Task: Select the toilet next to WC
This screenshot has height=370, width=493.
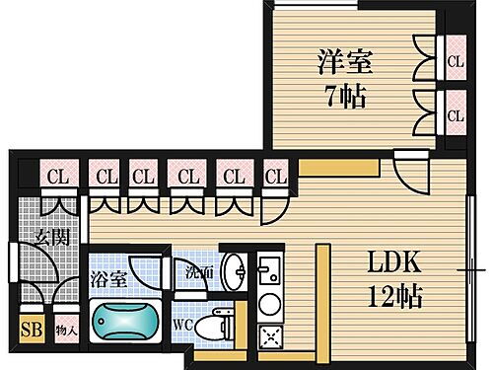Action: tap(211, 324)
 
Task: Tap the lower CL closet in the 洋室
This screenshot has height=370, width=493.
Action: tap(455, 114)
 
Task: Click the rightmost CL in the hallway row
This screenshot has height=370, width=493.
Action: tap(274, 178)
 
